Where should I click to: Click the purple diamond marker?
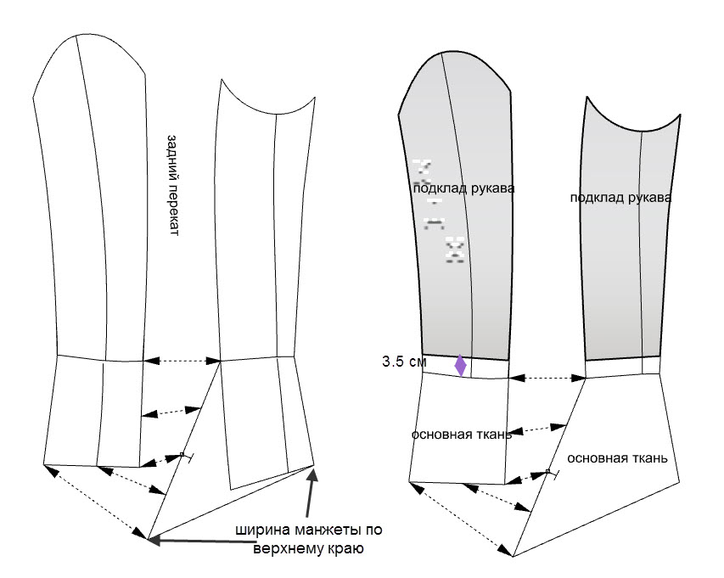click(460, 366)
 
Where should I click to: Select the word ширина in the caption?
click(261, 530)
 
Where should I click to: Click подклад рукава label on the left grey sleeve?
click(463, 188)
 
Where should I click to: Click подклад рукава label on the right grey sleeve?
click(620, 198)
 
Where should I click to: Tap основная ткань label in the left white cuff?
click(461, 434)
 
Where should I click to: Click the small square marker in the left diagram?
click(182, 455)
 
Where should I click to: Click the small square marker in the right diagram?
click(548, 471)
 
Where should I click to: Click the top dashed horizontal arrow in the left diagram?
click(183, 362)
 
